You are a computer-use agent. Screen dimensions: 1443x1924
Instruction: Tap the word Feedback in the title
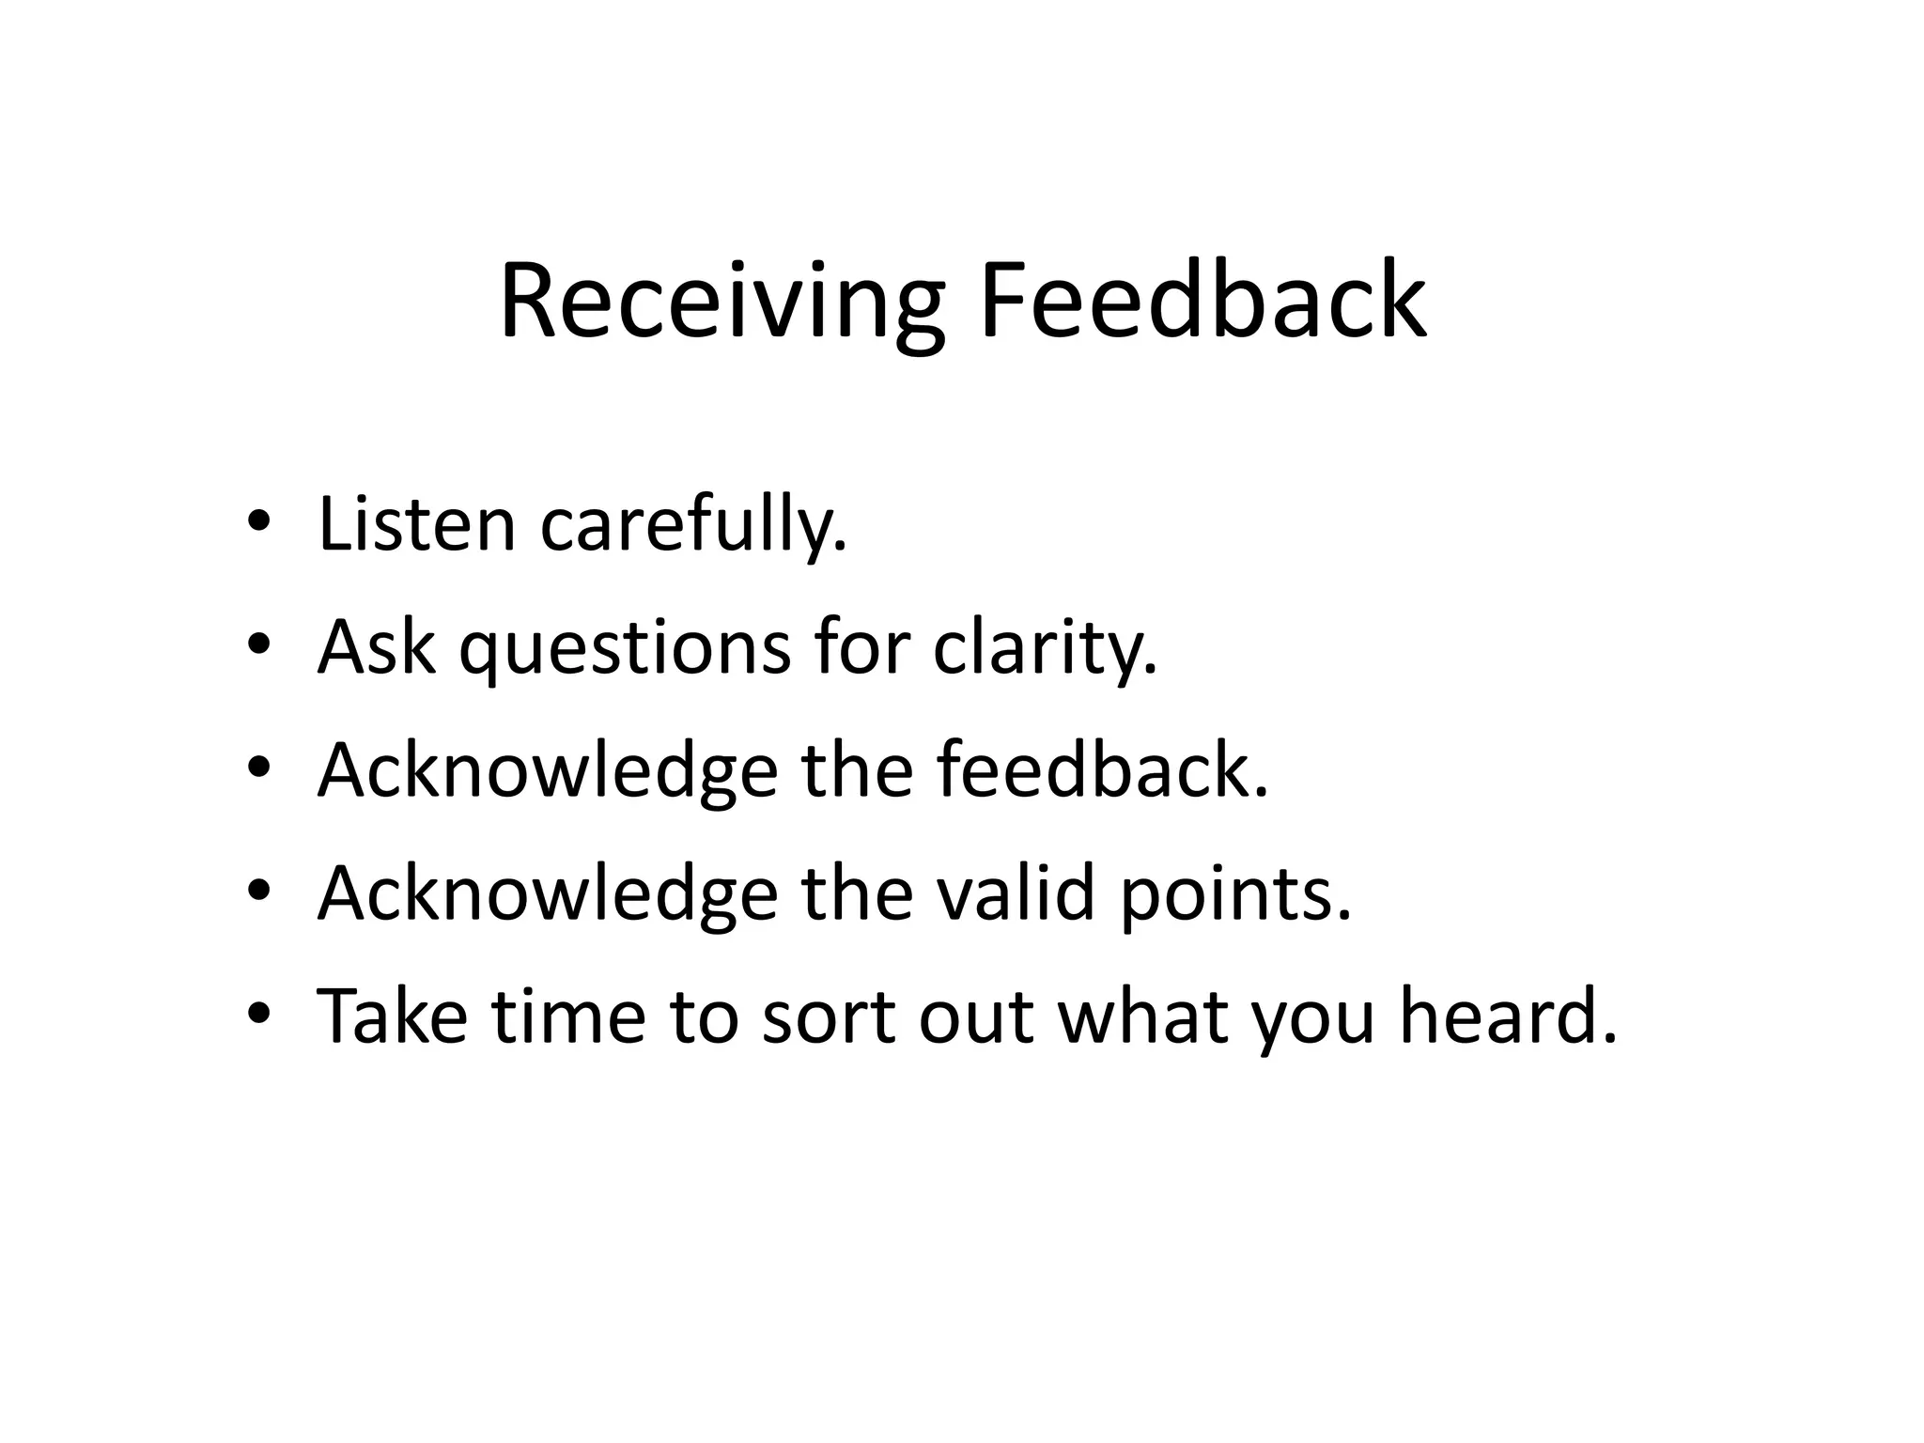[1202, 303]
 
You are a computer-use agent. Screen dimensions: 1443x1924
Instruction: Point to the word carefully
[692, 526]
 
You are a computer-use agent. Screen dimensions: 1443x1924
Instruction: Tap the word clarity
[1044, 648]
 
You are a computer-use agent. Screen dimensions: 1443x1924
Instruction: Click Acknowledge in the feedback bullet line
[547, 770]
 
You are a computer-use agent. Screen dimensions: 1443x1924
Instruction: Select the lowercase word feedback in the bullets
[1100, 770]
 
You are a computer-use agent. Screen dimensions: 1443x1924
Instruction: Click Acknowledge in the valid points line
[547, 893]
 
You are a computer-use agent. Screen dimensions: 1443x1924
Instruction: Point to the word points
[1234, 893]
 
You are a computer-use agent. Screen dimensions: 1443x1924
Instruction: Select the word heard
[1508, 1016]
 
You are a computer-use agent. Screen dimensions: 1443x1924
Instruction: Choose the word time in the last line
[568, 1016]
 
